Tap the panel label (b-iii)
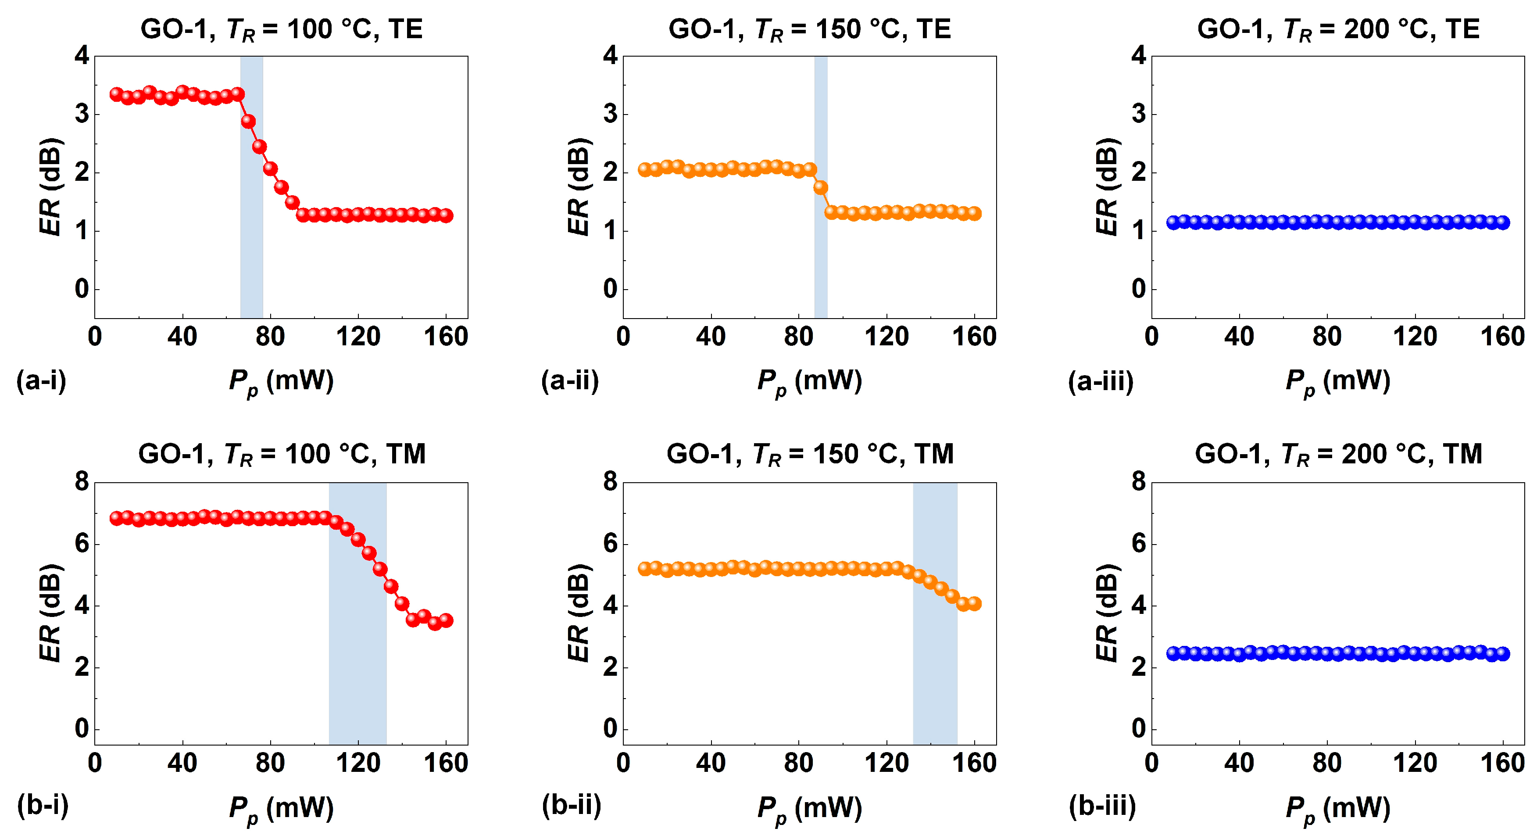point(1102,806)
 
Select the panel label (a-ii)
point(570,380)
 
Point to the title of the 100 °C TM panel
point(282,454)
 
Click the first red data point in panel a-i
point(116,94)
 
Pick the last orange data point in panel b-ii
point(974,603)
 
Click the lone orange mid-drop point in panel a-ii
point(820,187)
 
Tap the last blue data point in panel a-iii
point(1503,222)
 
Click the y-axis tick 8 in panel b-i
point(82,481)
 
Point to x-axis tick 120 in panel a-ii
point(886,337)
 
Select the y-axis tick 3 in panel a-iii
point(1138,113)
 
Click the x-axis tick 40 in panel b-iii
point(1239,763)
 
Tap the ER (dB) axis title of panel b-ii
point(578,613)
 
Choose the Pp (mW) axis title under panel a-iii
point(1338,382)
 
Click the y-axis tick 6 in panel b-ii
point(610,544)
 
